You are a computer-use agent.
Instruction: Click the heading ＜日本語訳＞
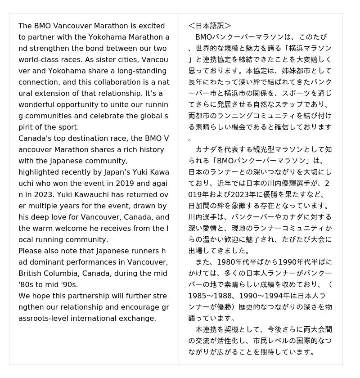pyautogui.click(x=210, y=26)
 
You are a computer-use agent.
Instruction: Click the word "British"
pyautogui.click(x=30, y=273)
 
